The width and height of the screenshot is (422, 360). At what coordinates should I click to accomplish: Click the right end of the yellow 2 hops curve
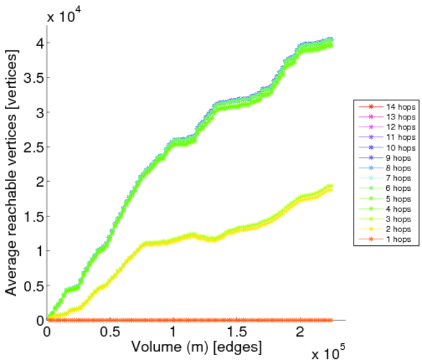point(331,190)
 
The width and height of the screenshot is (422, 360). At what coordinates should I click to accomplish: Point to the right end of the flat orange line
point(331,320)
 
